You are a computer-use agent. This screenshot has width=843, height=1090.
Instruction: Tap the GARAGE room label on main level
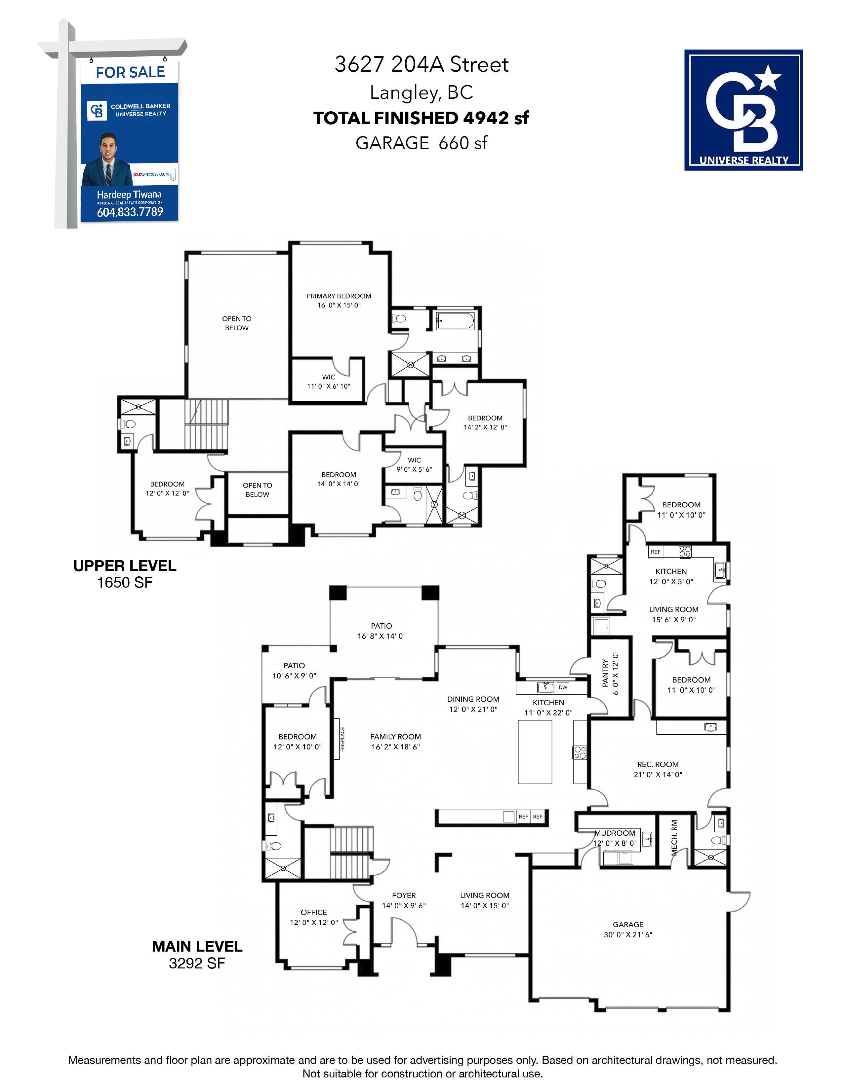pyautogui.click(x=628, y=924)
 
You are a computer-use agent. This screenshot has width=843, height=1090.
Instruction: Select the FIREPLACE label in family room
pyautogui.click(x=342, y=739)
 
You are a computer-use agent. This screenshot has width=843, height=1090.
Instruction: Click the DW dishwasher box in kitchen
pyautogui.click(x=563, y=687)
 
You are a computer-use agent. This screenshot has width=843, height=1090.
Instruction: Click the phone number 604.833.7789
pyautogui.click(x=130, y=212)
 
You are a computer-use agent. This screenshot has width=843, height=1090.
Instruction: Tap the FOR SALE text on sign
pyautogui.click(x=130, y=72)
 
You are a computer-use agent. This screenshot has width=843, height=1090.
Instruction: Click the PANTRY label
pyautogui.click(x=605, y=673)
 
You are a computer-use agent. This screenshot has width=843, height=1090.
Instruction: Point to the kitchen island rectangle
pyautogui.click(x=535, y=752)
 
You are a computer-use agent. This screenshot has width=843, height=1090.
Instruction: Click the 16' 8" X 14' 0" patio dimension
pyautogui.click(x=381, y=636)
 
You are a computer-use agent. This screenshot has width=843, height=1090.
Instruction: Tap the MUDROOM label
pyautogui.click(x=615, y=833)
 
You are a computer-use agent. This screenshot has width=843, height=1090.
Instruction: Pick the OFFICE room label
pyautogui.click(x=314, y=912)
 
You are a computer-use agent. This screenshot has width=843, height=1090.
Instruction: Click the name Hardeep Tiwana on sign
pyautogui.click(x=129, y=195)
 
